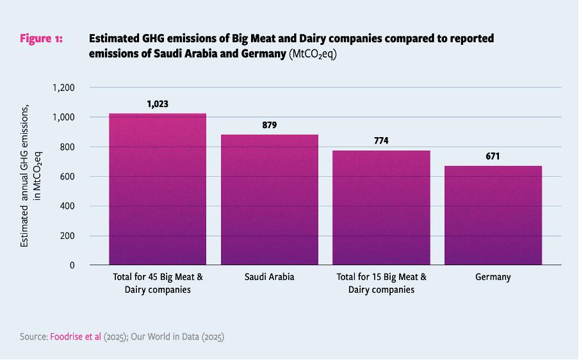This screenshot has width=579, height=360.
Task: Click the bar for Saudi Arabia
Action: [x=270, y=199]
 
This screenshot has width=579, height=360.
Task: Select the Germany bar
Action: [x=493, y=215]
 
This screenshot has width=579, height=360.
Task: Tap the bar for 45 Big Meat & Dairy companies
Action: [x=158, y=189]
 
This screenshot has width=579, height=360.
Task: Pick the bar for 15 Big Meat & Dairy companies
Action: [x=381, y=208]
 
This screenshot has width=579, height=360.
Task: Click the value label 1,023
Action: [x=158, y=103]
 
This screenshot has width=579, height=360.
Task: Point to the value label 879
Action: [x=270, y=125]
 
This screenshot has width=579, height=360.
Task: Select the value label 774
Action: [x=381, y=140]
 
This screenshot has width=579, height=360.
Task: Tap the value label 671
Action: [x=493, y=156]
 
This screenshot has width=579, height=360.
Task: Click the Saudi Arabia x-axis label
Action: [x=270, y=277]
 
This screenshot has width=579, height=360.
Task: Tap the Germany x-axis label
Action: [x=493, y=277]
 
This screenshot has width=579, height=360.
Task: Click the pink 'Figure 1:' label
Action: [x=41, y=39]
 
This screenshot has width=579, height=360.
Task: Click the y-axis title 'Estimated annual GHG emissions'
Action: [x=25, y=176]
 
